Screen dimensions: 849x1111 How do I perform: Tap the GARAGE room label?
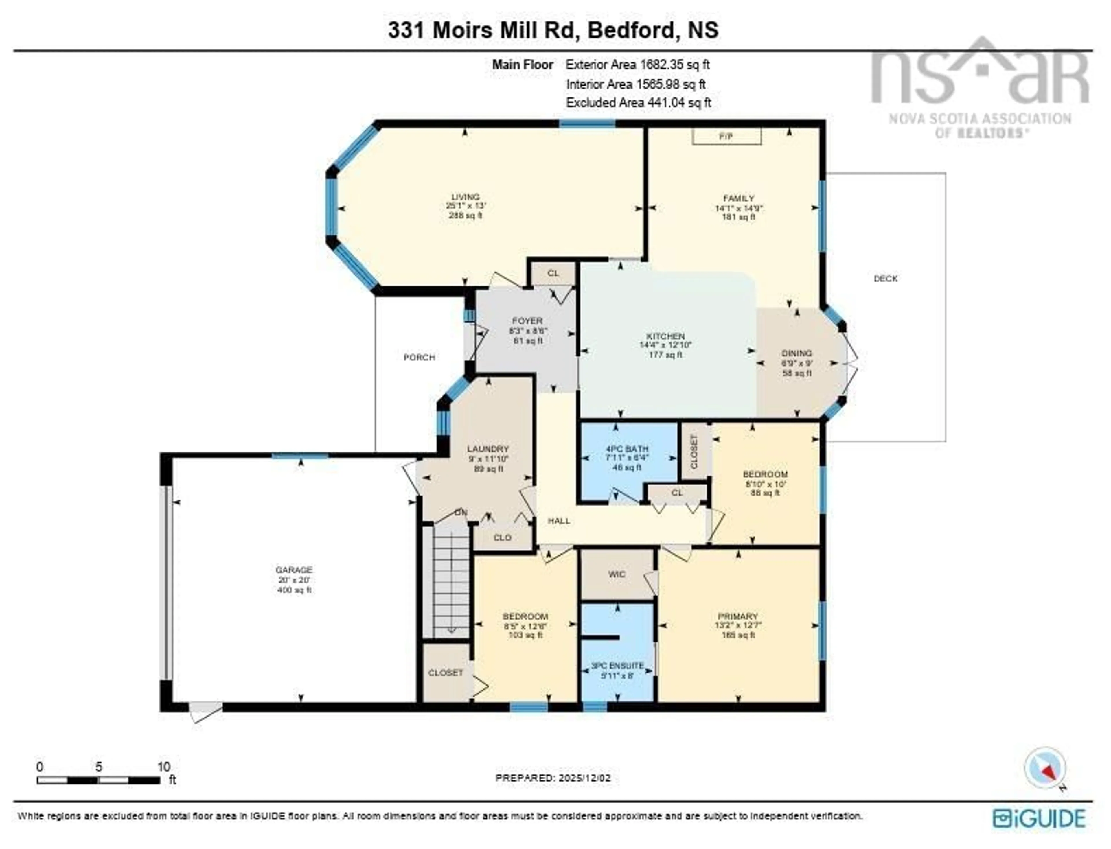pyautogui.click(x=294, y=570)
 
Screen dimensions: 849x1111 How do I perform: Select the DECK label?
pyautogui.click(x=886, y=279)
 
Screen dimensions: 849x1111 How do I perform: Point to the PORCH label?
pyautogui.click(x=419, y=357)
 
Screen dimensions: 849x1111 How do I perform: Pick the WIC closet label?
pyautogui.click(x=617, y=574)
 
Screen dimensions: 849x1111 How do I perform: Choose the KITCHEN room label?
pyautogui.click(x=665, y=336)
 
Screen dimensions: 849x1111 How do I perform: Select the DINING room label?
pyautogui.click(x=797, y=353)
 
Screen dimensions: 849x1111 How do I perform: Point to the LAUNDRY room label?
pyautogui.click(x=488, y=449)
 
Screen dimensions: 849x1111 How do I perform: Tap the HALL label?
pyautogui.click(x=559, y=520)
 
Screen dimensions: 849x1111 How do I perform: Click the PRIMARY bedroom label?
pyautogui.click(x=738, y=616)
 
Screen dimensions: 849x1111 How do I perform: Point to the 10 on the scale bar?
pyautogui.click(x=163, y=767)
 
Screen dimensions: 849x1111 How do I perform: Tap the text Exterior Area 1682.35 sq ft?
pyautogui.click(x=637, y=65)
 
